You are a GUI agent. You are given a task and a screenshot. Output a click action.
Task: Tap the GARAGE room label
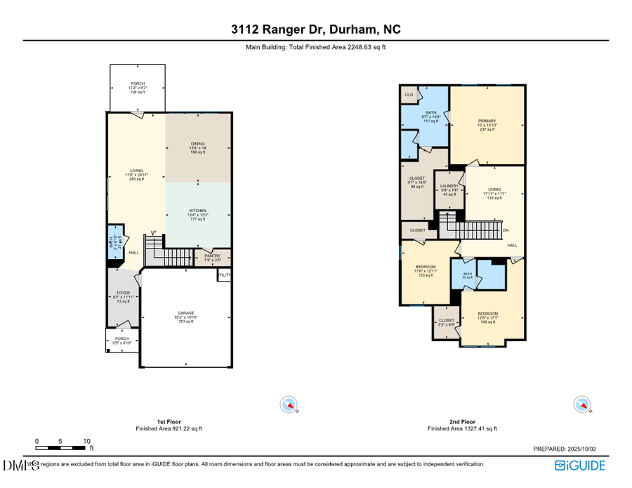point(185,313)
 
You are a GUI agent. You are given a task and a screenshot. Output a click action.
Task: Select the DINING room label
point(198,144)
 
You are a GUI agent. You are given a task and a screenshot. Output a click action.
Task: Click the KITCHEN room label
point(198,211)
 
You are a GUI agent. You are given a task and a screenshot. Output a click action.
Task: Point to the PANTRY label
point(212,256)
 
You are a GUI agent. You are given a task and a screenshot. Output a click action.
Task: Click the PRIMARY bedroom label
point(487,121)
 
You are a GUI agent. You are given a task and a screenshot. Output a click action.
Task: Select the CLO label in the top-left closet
point(409,94)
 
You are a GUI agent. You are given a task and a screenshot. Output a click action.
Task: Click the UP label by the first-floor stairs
point(154,232)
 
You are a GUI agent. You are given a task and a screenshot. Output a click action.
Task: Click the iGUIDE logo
point(579,465)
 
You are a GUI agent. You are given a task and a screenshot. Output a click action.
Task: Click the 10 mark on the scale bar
point(86,441)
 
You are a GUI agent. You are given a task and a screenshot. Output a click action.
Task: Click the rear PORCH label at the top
point(138,84)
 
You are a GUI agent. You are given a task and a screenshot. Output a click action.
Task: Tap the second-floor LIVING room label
point(495,190)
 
